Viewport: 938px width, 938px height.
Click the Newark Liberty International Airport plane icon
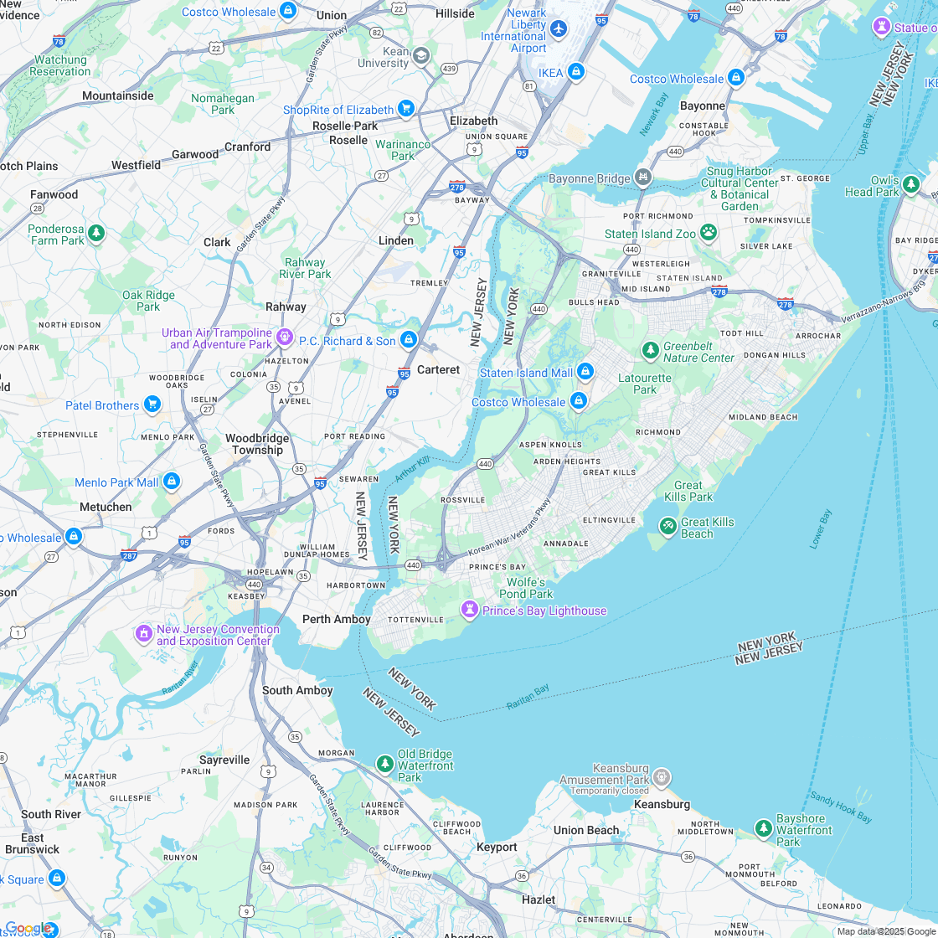click(559, 29)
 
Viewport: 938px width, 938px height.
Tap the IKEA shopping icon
click(575, 73)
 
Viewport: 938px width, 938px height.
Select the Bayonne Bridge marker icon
click(642, 178)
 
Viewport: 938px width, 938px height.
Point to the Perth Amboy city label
click(336, 619)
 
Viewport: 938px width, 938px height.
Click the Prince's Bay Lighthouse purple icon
click(470, 611)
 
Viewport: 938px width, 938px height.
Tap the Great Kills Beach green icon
click(667, 526)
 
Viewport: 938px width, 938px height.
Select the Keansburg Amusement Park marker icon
click(662, 778)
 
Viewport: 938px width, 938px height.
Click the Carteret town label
click(438, 369)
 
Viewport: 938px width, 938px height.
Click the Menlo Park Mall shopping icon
click(171, 482)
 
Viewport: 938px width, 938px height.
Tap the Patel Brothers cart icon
click(152, 405)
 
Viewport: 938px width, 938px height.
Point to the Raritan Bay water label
click(528, 697)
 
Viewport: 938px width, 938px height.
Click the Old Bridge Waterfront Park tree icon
click(384, 764)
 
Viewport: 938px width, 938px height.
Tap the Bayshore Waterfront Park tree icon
click(763, 829)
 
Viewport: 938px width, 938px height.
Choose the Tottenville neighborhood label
click(415, 620)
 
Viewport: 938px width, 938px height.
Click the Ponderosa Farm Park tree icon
click(96, 233)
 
